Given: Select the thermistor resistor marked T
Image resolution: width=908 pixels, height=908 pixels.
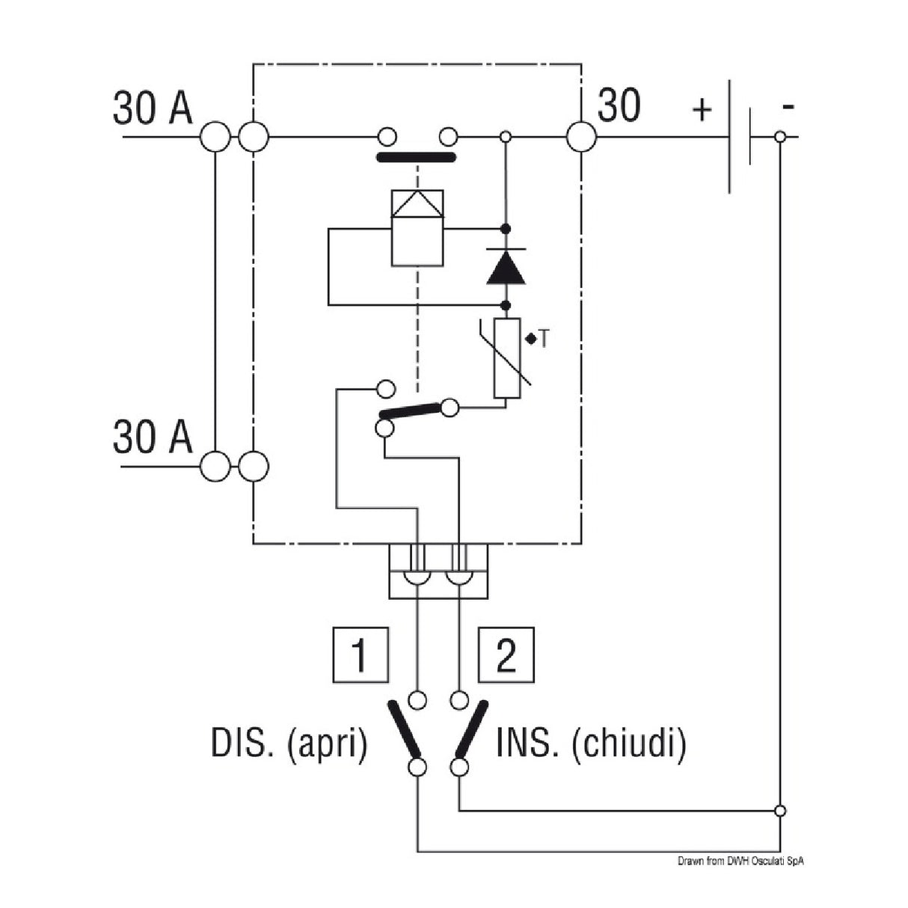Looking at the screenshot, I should click(x=506, y=358).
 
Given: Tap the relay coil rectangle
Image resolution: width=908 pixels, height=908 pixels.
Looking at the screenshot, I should click(x=417, y=227).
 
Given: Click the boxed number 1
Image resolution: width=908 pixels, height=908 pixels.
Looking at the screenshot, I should click(x=360, y=655).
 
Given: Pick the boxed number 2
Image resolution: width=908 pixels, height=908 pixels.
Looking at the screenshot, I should click(x=506, y=655).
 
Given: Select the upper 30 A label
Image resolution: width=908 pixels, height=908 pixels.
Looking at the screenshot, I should click(x=153, y=108).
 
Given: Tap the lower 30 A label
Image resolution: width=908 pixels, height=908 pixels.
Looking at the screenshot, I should click(x=153, y=437).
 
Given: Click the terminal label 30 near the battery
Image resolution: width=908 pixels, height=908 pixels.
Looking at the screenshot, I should click(x=619, y=105).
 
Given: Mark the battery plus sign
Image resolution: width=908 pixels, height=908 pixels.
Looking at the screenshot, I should click(x=702, y=109).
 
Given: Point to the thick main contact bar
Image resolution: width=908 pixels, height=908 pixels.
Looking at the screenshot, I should click(x=416, y=158).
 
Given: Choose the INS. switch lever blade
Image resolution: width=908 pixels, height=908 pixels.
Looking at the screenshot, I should click(x=473, y=728).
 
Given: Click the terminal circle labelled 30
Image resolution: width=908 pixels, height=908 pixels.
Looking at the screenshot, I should click(x=581, y=138).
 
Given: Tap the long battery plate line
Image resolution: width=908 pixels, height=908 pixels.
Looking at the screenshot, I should click(x=730, y=138).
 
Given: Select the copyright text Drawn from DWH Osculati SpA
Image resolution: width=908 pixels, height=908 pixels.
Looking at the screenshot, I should click(x=740, y=862).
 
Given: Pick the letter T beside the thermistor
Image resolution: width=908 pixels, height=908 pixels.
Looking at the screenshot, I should click(x=544, y=339).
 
